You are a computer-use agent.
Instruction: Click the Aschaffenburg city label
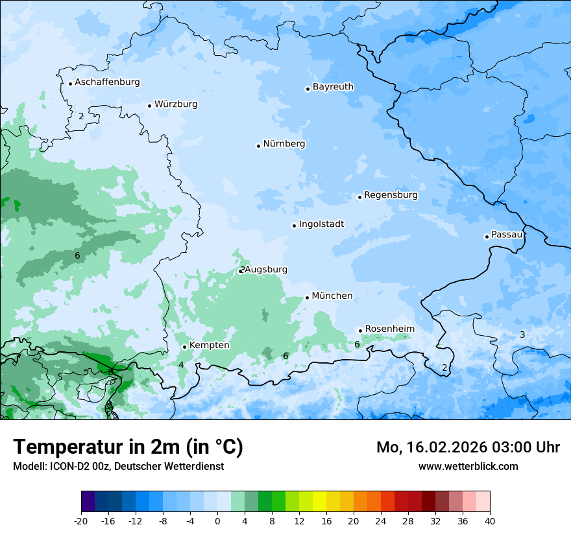coord(107,82)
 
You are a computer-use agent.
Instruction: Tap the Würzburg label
coord(176,104)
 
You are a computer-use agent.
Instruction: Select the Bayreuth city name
coord(333,87)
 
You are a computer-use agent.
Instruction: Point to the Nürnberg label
coord(284,144)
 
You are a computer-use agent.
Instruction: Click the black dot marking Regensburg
coord(359,197)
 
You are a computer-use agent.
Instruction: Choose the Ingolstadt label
coord(321,224)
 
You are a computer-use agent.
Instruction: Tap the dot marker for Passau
coord(487,237)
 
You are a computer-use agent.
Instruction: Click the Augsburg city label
coord(266,270)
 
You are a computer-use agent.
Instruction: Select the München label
coord(332,296)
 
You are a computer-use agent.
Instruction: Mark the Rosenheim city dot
coord(360,331)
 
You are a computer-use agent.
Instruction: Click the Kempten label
coord(209,345)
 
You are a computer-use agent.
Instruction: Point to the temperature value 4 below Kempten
coord(181,366)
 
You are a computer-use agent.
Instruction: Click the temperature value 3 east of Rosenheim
coord(522,334)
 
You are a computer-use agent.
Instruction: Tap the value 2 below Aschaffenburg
coord(81,116)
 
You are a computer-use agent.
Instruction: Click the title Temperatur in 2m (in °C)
coord(128,447)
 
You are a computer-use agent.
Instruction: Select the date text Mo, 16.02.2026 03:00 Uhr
coord(468,447)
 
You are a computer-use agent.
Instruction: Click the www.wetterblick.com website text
coord(468,466)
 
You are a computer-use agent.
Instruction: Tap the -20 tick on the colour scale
coord(81,521)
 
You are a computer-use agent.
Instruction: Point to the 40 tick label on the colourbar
coord(490,521)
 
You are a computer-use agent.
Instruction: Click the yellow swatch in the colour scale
coord(319,502)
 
